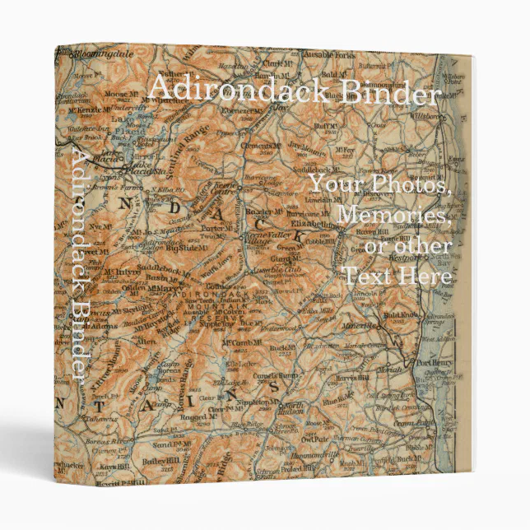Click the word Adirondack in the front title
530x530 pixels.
[233, 90]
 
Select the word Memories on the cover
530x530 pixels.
[394, 216]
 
